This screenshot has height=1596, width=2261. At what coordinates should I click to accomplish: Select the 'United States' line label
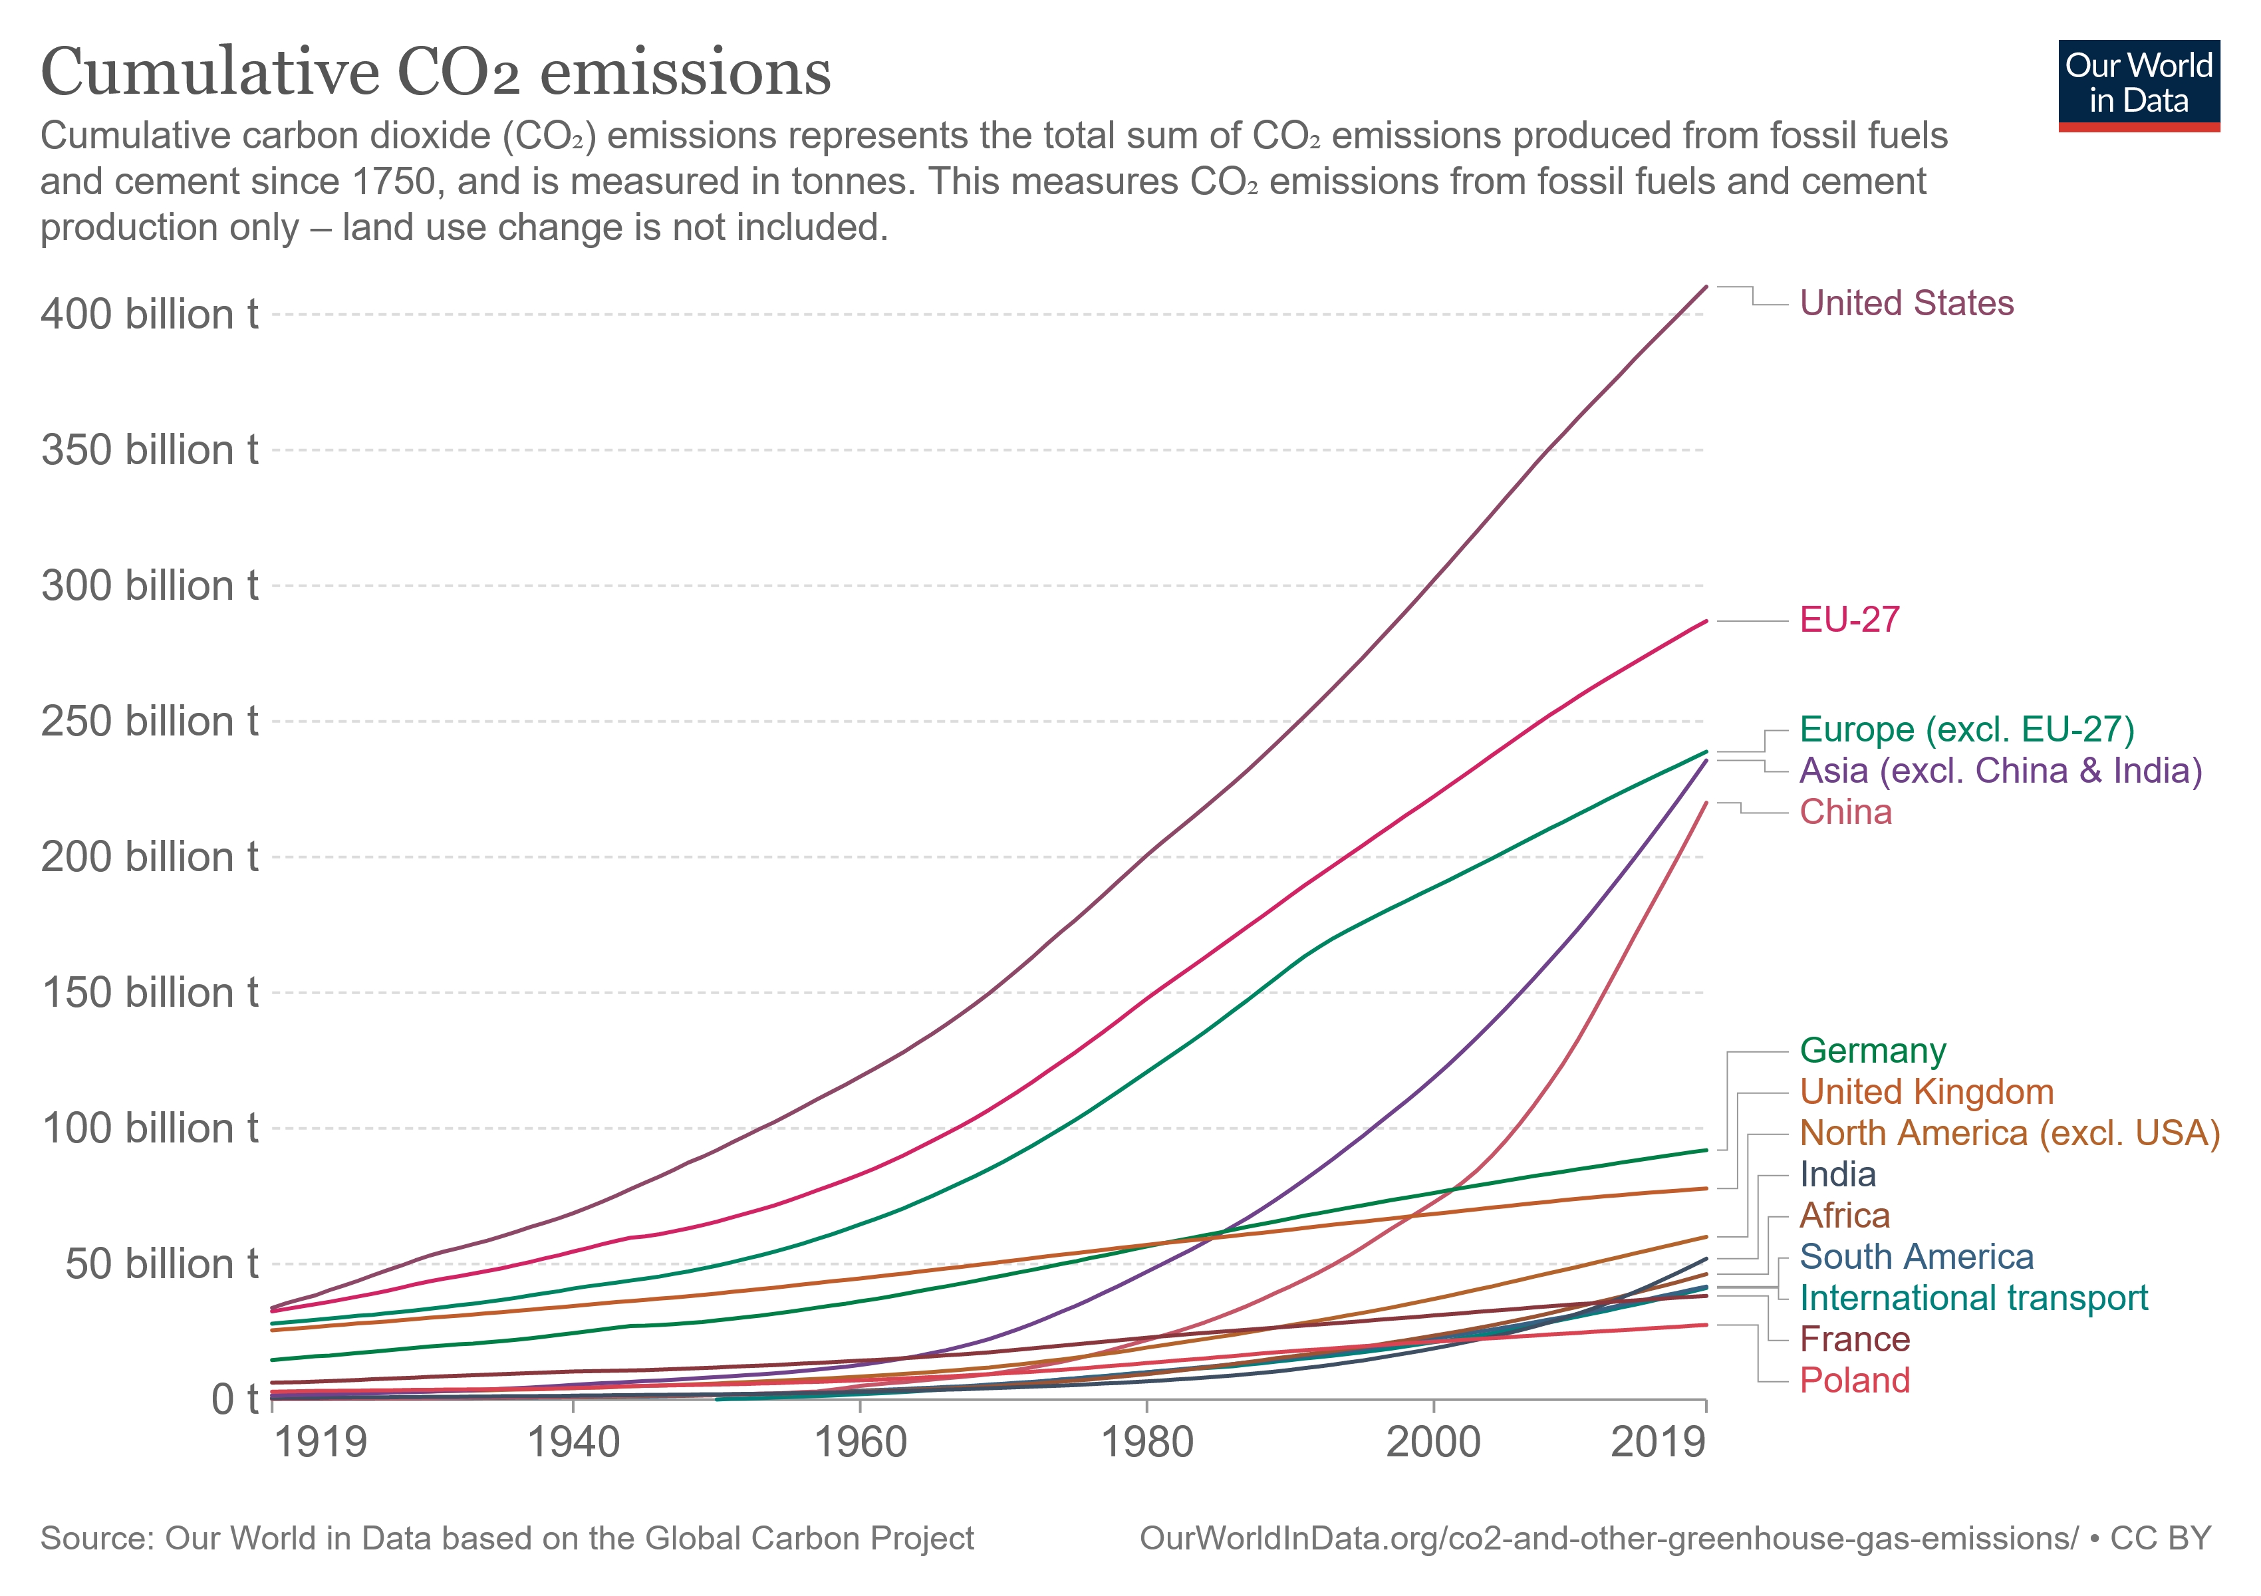tap(1907, 303)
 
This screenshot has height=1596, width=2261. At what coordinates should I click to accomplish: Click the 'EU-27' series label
tap(1849, 619)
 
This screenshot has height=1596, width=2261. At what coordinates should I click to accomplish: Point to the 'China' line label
tap(1845, 812)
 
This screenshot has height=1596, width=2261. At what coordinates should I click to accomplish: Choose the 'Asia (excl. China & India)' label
tap(2001, 771)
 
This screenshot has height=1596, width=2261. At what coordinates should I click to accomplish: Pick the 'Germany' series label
tap(1873, 1051)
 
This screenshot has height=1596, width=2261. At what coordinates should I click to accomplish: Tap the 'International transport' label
tap(1974, 1299)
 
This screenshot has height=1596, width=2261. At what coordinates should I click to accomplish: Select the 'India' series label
tap(1837, 1174)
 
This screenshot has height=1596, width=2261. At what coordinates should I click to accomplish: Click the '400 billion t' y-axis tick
tap(150, 315)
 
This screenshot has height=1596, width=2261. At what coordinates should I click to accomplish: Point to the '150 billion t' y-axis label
tap(150, 992)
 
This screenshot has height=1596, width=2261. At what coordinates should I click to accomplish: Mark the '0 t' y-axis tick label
tap(234, 1399)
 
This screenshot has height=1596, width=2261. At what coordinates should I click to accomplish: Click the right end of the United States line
tap(1706, 287)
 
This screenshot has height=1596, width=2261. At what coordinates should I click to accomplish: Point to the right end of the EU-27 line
tap(1706, 621)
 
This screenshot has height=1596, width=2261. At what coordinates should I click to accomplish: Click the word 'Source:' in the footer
tap(98, 1539)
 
